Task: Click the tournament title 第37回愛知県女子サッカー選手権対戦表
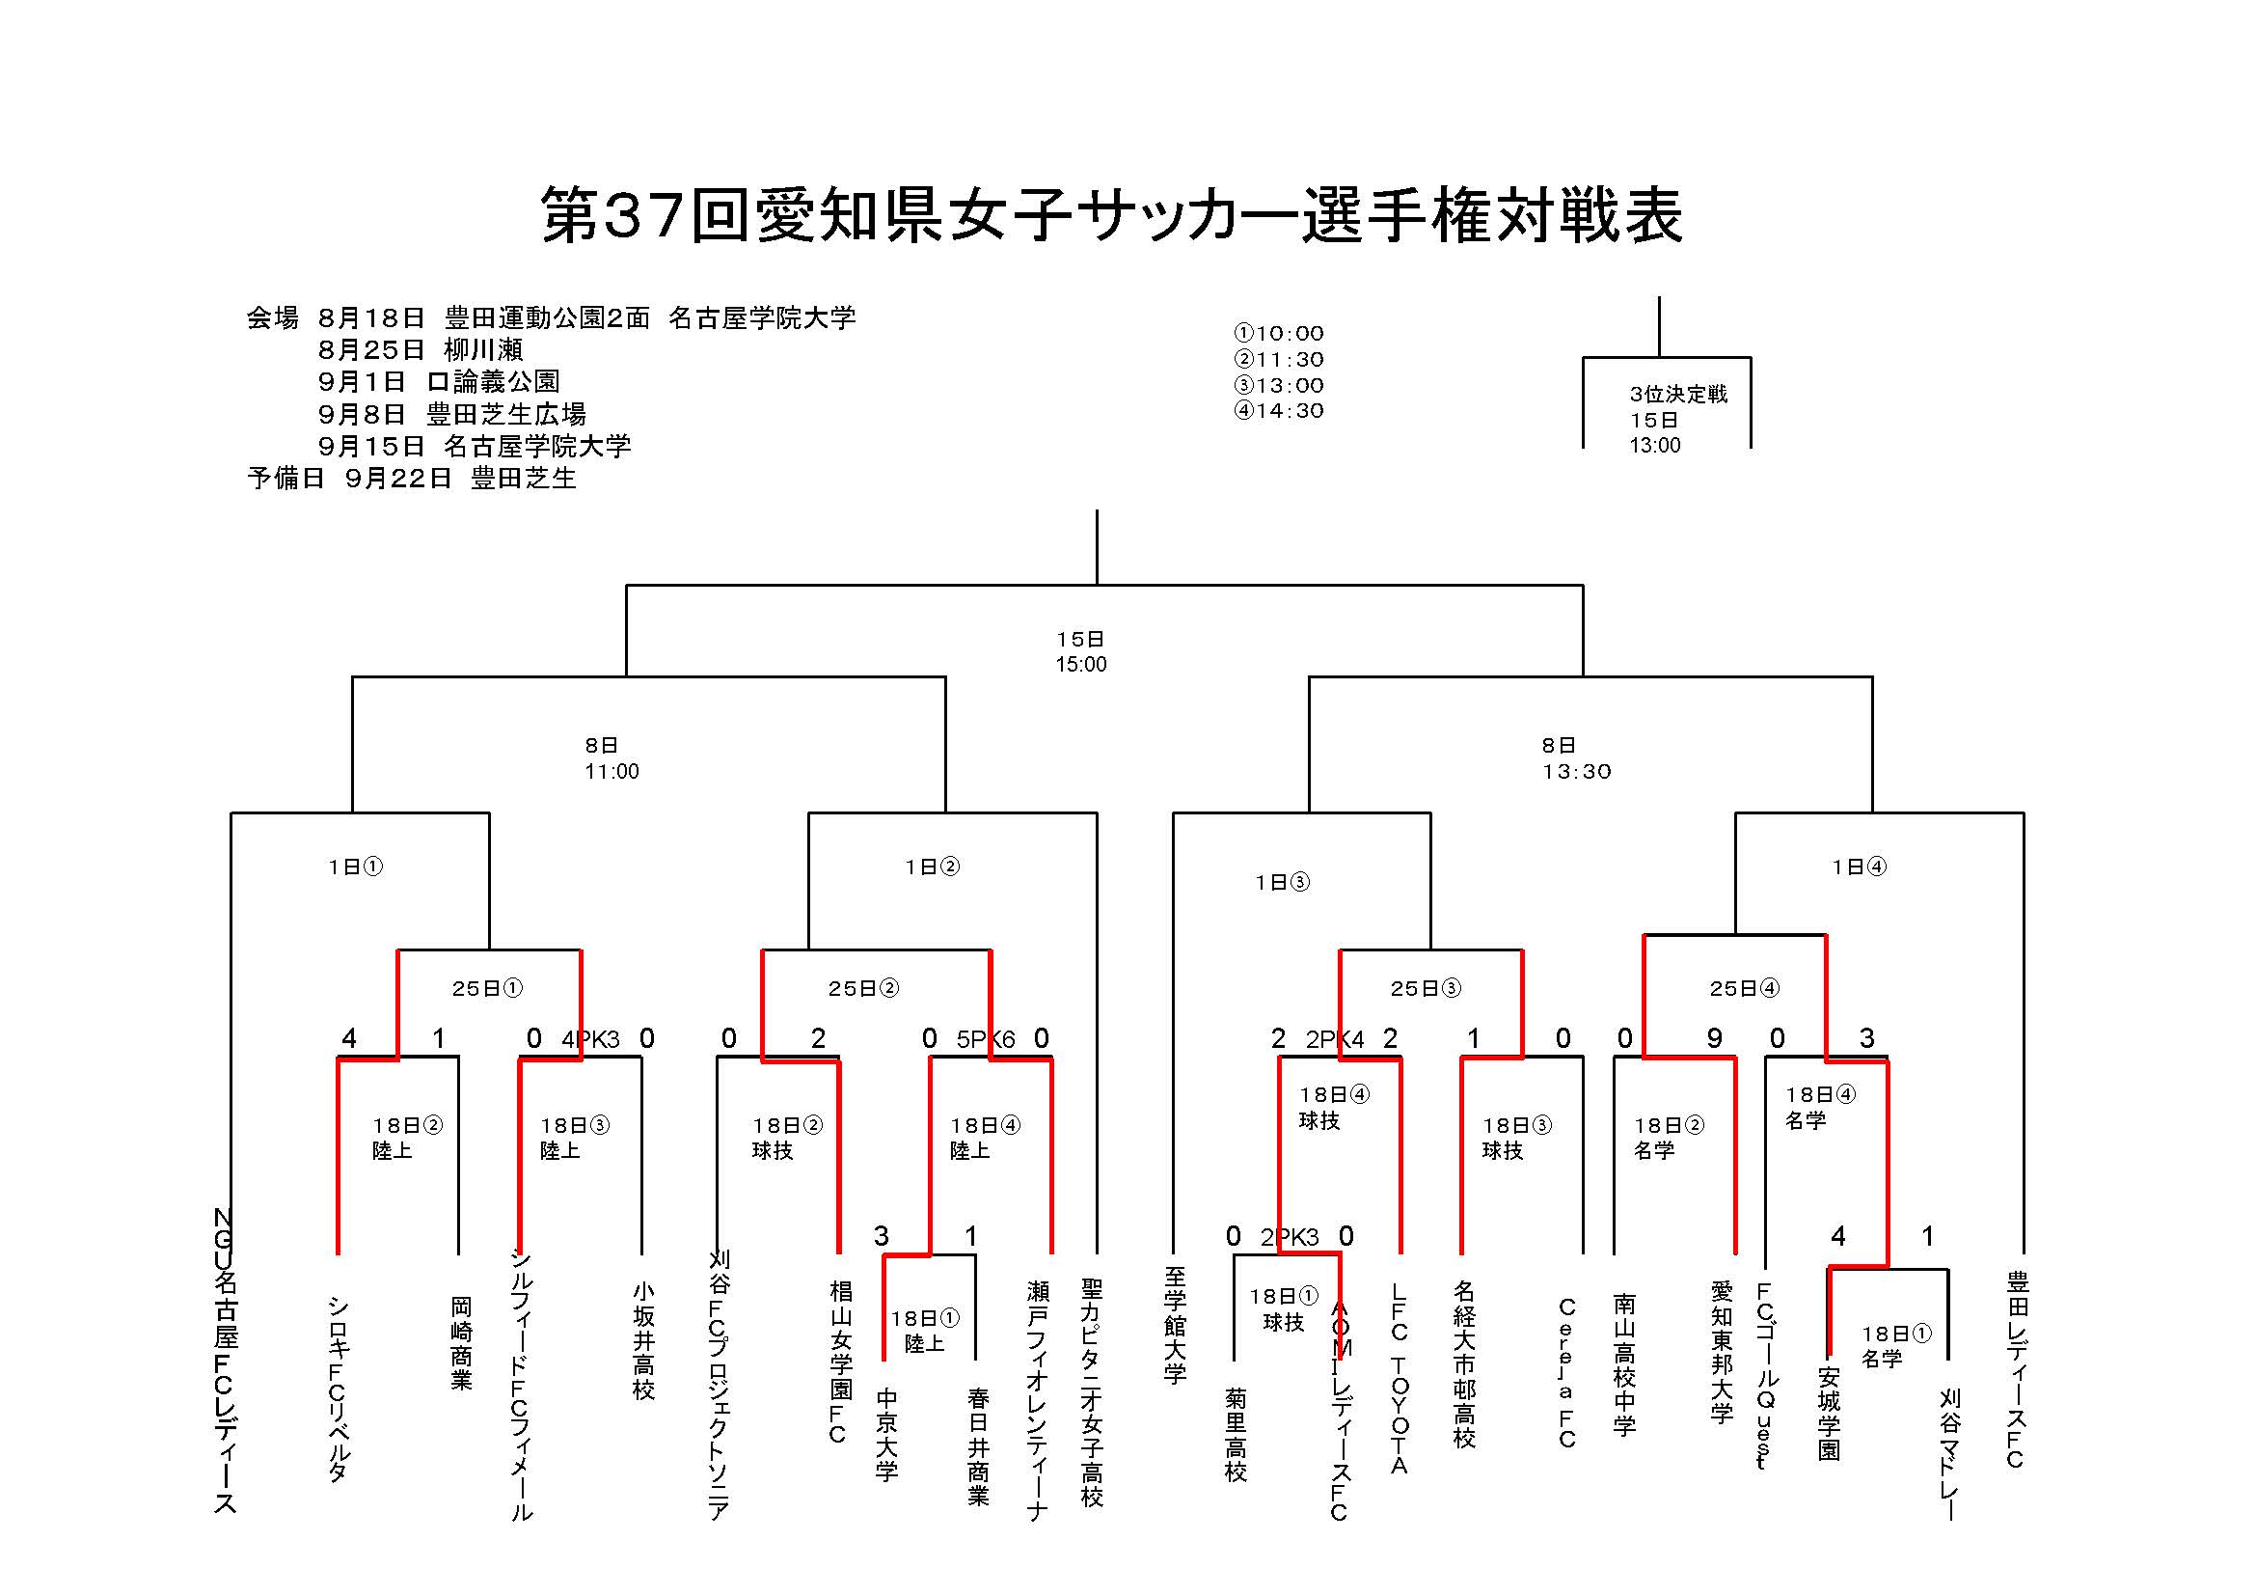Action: (1111, 215)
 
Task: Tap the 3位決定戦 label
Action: (1677, 394)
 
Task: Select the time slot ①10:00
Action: (1278, 333)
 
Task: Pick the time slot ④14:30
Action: (1278, 411)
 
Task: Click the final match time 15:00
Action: (1081, 664)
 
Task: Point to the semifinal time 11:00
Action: (612, 772)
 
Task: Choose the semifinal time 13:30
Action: (1576, 772)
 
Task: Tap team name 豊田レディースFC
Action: (2016, 1370)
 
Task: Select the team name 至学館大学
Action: (1175, 1325)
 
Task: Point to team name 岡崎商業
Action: (461, 1342)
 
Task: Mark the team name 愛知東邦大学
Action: (1721, 1350)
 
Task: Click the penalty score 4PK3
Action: (590, 1040)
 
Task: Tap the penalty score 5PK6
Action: (986, 1040)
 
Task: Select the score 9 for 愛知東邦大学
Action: (1714, 1039)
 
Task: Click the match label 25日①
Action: (487, 989)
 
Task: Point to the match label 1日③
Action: (1282, 883)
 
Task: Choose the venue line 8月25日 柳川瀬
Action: (421, 350)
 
